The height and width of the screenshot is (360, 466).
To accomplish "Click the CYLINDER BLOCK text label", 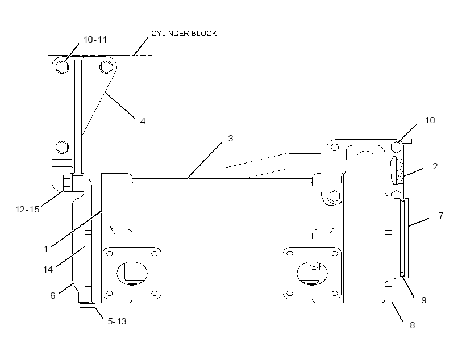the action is (184, 34).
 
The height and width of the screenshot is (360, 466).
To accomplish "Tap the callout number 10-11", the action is (95, 40).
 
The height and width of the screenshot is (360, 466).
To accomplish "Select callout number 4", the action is (143, 121).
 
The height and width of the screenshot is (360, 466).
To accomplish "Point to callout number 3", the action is (231, 138).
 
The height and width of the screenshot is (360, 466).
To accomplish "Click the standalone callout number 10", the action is (430, 120).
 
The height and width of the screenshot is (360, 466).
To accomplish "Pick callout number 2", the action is (435, 166).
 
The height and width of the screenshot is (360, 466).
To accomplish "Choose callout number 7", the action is (441, 215).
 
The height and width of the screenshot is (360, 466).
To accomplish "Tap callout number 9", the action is (424, 300).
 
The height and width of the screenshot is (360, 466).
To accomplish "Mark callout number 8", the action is (412, 325).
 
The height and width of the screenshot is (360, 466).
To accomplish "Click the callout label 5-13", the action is (117, 321).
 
